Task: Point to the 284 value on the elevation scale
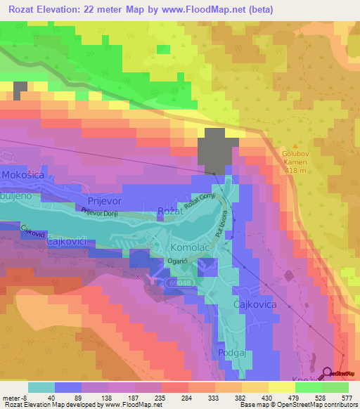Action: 186,397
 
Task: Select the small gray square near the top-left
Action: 20,90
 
